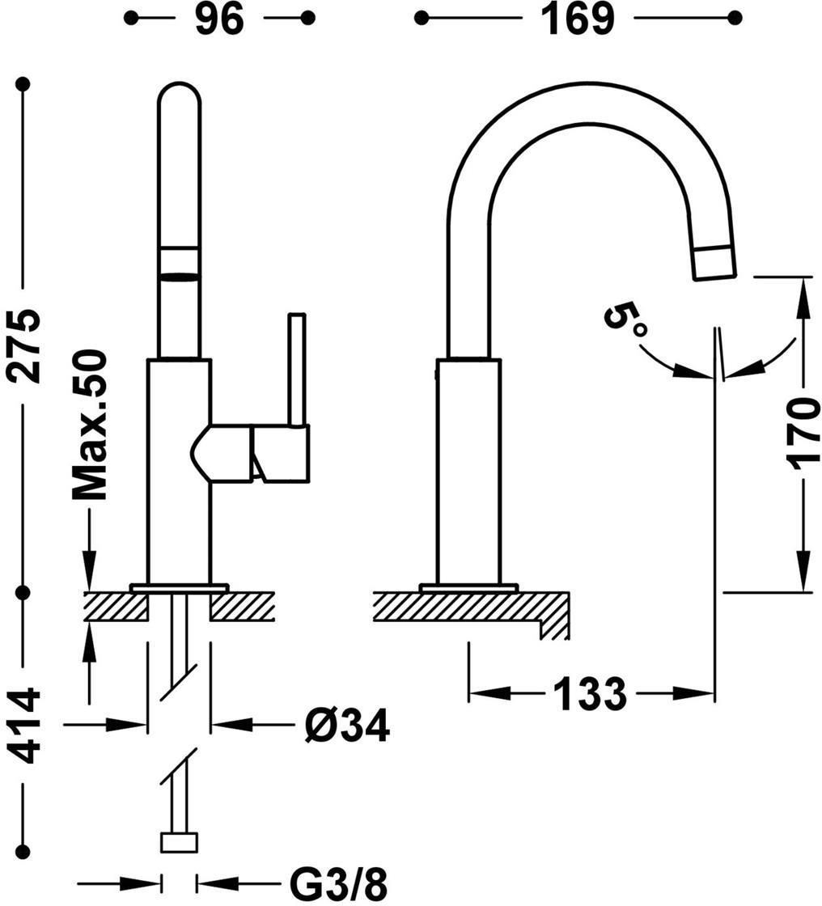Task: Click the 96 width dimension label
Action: (x=220, y=19)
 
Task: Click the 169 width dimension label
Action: (x=578, y=19)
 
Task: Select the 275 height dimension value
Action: (x=23, y=345)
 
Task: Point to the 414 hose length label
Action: (x=23, y=726)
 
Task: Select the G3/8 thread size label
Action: (x=337, y=883)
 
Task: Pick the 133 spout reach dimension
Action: (x=590, y=692)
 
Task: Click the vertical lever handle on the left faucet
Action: (x=297, y=370)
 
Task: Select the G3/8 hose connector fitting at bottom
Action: (x=179, y=842)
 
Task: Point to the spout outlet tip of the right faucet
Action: (x=715, y=264)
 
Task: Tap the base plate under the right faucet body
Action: (x=468, y=588)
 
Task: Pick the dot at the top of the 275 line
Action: (x=23, y=84)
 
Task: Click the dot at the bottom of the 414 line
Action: (x=23, y=851)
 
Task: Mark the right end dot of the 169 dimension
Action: (x=735, y=19)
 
